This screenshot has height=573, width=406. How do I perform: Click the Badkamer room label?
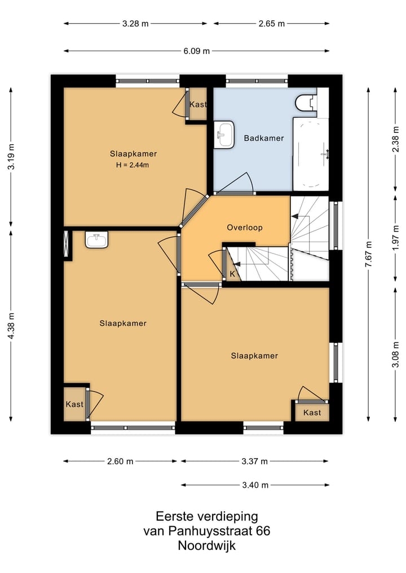click(x=264, y=138)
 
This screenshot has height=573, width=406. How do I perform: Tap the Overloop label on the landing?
click(x=245, y=228)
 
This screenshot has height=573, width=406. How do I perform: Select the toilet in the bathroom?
click(x=306, y=103)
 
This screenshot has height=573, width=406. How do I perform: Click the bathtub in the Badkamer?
click(x=311, y=154)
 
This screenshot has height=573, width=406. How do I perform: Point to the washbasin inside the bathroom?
click(x=224, y=135)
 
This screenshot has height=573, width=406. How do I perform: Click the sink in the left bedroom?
click(x=96, y=239)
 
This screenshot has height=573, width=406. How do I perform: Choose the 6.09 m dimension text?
click(x=197, y=51)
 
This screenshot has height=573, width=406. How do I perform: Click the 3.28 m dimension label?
click(x=135, y=24)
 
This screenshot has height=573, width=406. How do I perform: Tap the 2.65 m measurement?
click(x=271, y=24)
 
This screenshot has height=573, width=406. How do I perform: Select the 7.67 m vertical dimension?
click(x=368, y=254)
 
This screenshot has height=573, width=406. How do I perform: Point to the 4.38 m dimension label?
click(x=11, y=326)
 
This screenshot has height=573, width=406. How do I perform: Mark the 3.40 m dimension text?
click(x=255, y=485)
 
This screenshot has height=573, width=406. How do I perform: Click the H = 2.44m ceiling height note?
click(x=133, y=165)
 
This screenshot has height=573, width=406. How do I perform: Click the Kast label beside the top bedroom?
click(x=198, y=104)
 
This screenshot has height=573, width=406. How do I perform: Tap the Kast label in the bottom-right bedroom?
click(x=312, y=412)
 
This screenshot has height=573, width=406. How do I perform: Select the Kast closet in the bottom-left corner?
click(x=74, y=404)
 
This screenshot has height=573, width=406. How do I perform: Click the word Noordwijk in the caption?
click(x=206, y=545)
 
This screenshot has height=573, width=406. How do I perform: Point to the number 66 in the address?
click(x=263, y=531)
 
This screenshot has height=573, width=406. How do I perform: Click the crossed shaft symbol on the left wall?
click(x=66, y=244)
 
